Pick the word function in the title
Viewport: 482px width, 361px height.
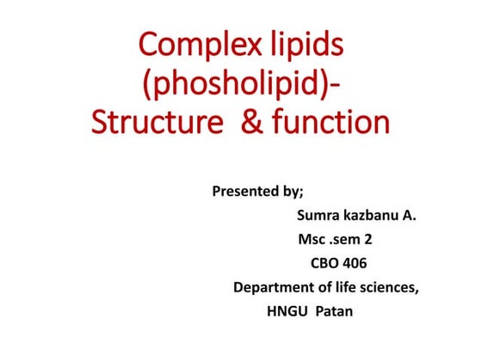(x=331, y=122)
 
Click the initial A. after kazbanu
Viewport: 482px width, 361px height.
(x=410, y=215)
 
